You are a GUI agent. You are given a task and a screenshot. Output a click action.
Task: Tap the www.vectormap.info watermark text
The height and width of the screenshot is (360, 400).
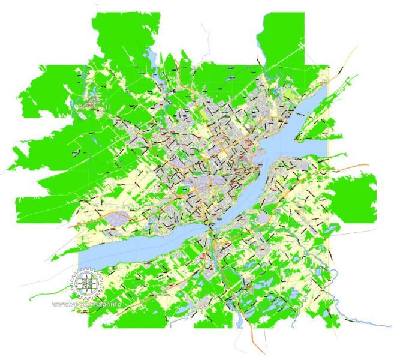pos(88,304)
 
